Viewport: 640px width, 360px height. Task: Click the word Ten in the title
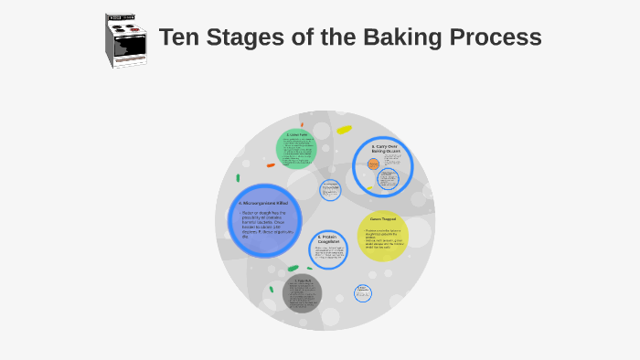pos(178,38)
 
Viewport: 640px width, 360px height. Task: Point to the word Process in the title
pos(497,38)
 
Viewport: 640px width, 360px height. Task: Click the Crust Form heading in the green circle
pos(295,135)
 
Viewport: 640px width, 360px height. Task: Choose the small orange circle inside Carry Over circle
pos(373,164)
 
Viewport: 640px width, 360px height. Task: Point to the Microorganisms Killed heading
pos(263,202)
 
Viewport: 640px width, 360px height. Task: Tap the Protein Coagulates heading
pos(327,239)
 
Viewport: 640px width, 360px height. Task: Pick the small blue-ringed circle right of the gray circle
pos(363,293)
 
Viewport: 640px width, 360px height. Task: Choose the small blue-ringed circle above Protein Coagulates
pos(330,190)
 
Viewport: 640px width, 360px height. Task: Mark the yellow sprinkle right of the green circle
pos(344,130)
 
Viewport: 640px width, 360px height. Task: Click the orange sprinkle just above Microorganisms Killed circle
pos(271,165)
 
